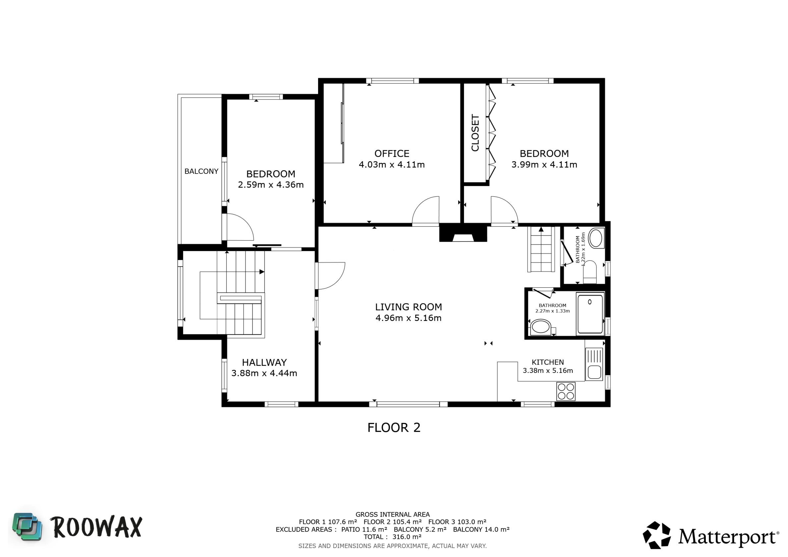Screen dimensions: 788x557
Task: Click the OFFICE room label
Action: point(392,154)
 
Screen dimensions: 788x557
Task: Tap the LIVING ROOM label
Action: point(408,307)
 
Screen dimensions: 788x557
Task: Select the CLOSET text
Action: point(475,133)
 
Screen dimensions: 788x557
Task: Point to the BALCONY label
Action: point(201,171)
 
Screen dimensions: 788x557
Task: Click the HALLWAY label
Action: point(264,363)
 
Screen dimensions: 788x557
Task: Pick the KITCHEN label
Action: point(548,362)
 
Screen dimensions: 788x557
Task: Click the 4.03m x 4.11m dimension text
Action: point(392,165)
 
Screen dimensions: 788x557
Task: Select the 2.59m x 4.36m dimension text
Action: point(271,185)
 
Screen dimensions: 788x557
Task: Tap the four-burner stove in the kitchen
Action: point(566,391)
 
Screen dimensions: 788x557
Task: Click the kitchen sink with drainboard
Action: point(594,364)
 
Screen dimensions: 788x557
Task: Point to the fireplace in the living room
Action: point(463,233)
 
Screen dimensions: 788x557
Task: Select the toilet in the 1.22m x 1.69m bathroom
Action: point(590,272)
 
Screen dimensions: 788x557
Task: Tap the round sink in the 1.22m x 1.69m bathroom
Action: point(596,238)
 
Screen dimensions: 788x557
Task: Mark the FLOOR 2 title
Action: point(394,428)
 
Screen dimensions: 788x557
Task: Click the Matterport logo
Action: point(711,535)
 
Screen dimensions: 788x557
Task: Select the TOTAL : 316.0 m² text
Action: point(392,537)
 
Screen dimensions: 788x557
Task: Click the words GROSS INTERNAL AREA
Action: point(393,515)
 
